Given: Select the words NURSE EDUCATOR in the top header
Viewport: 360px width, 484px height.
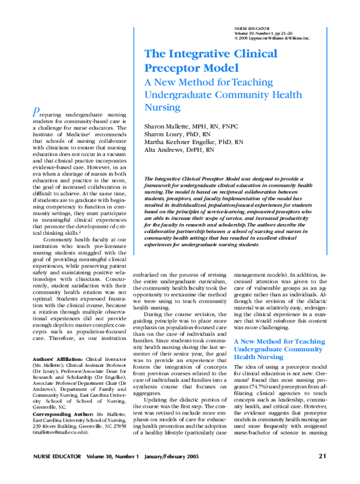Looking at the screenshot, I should [249, 28].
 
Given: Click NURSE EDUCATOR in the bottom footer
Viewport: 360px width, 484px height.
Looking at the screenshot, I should [58, 456].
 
